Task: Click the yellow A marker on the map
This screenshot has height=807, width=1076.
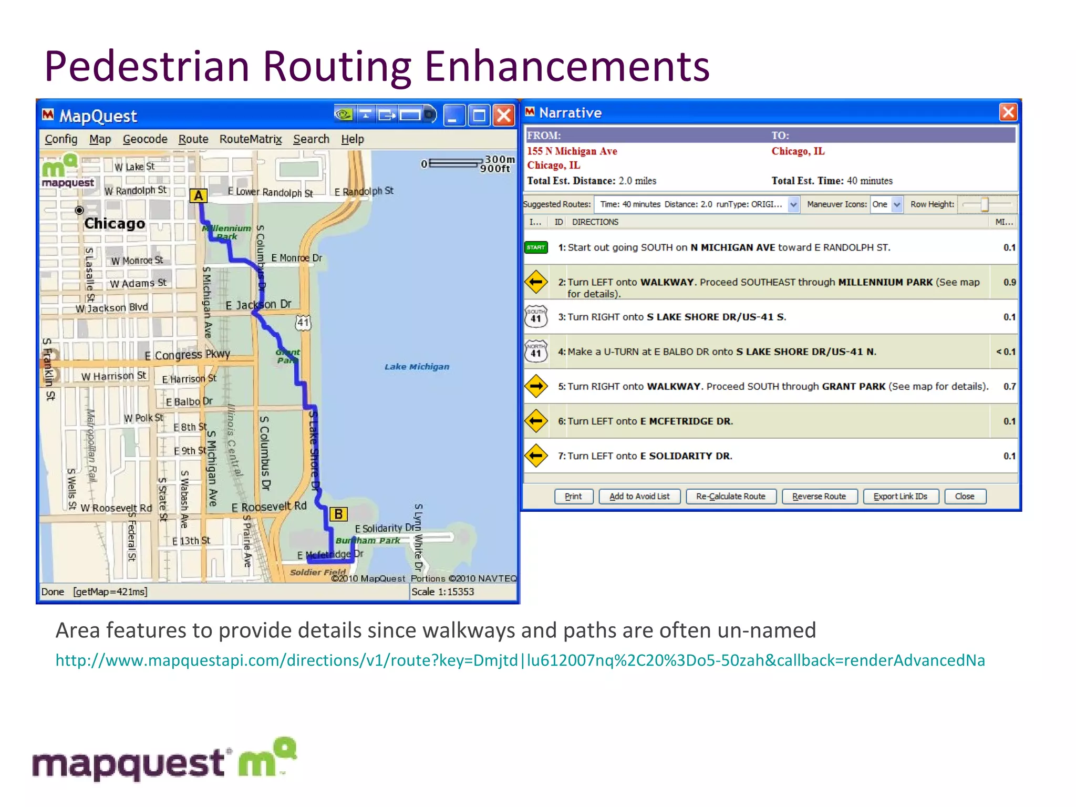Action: click(198, 195)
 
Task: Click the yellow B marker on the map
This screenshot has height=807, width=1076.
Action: click(338, 514)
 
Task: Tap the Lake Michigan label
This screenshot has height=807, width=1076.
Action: click(417, 367)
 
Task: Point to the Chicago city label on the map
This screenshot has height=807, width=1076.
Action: click(115, 224)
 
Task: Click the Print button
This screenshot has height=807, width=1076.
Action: click(573, 496)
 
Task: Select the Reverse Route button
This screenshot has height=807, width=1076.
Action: click(819, 496)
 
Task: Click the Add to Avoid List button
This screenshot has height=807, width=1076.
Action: click(639, 496)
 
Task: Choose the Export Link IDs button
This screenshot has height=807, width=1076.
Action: click(900, 496)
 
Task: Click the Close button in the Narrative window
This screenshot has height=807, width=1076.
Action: click(964, 496)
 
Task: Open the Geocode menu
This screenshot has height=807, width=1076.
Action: click(145, 139)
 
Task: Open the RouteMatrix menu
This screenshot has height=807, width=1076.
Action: click(251, 139)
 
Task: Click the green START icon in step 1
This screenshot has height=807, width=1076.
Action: click(536, 247)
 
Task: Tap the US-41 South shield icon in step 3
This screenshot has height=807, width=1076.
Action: click(536, 317)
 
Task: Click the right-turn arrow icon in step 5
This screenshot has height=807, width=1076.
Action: click(536, 386)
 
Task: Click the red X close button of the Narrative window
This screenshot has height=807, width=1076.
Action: click(1008, 112)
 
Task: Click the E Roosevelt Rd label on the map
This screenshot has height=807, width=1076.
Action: click(269, 506)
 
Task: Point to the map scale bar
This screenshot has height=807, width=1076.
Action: click(455, 163)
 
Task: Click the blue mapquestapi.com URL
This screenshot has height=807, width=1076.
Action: click(520, 660)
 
